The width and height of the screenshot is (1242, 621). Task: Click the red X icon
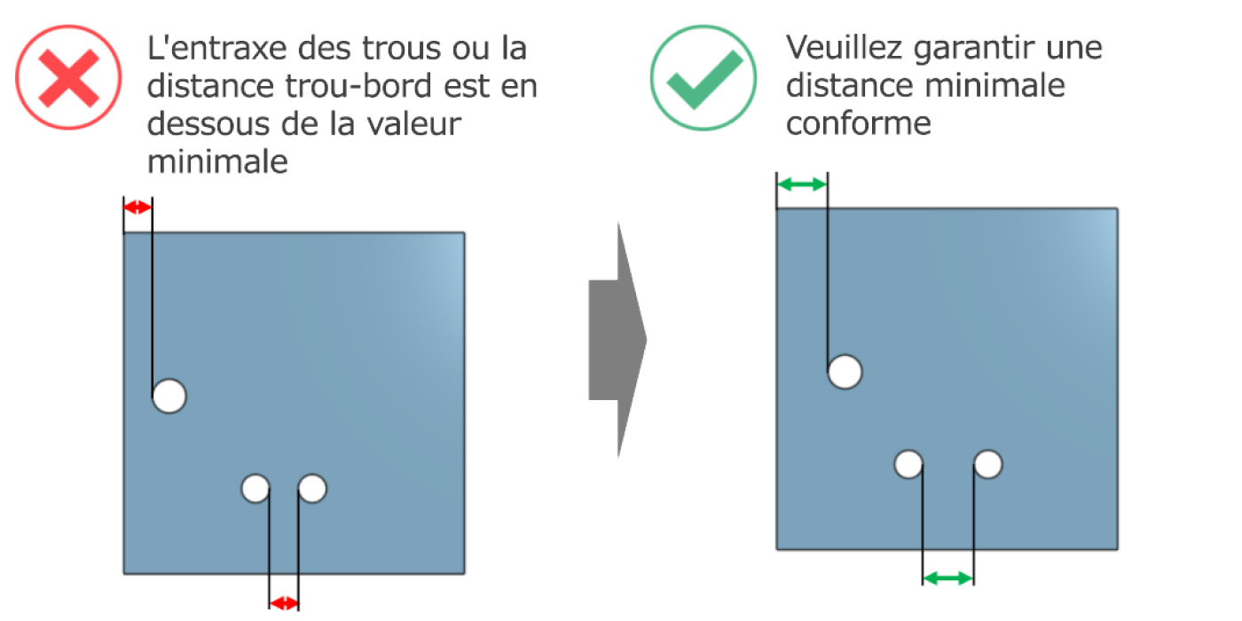point(68,78)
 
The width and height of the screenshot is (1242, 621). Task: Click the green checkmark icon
point(703,78)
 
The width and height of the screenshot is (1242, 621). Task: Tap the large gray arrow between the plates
point(617,340)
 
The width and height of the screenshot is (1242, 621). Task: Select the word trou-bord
point(358,86)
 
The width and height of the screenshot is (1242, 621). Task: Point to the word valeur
point(414,123)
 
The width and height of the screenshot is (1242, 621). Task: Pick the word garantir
point(974,49)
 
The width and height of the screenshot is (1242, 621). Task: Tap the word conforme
point(859,123)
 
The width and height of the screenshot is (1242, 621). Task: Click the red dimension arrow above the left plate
point(138,208)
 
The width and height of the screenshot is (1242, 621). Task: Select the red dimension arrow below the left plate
point(284,603)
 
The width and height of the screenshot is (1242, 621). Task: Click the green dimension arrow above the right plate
point(802,185)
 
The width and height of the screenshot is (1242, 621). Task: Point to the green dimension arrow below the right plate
point(948,578)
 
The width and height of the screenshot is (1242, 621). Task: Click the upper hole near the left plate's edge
point(169,396)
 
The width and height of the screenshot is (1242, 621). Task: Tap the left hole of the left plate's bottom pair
point(255,489)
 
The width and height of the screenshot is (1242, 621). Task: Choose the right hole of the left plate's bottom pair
point(312,489)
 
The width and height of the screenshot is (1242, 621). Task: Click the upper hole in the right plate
point(845,372)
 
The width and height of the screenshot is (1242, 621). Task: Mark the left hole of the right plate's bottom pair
point(908,464)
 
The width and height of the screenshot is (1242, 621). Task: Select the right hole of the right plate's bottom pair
point(988,464)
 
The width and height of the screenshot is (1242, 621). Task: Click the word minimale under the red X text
point(217,161)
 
